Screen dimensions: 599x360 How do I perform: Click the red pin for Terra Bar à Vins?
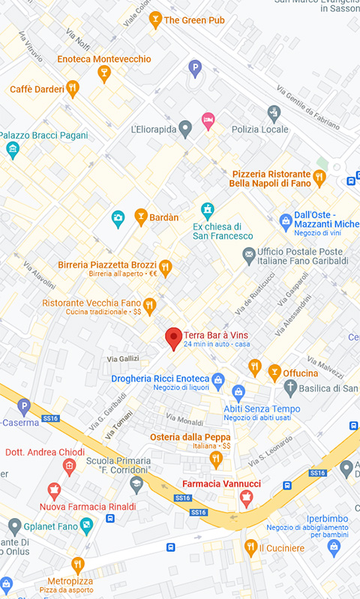pyautogui.click(x=173, y=338)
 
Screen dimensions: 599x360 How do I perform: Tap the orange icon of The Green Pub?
pyautogui.click(x=156, y=20)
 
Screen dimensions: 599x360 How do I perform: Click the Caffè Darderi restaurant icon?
pyautogui.click(x=72, y=89)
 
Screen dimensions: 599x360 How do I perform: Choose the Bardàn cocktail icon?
pyautogui.click(x=140, y=217)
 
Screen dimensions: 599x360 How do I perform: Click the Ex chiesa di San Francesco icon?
pyautogui.click(x=208, y=210)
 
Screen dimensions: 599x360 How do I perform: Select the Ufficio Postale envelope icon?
pyautogui.click(x=248, y=256)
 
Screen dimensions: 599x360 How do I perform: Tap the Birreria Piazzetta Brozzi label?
pyautogui.click(x=107, y=265)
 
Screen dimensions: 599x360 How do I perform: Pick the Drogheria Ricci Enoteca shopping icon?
pyautogui.click(x=218, y=379)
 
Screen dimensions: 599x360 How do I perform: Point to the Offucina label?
pyautogui.click(x=300, y=373)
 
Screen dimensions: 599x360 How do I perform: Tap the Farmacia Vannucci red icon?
pyautogui.click(x=246, y=499)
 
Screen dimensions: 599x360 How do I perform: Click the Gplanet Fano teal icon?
pyautogui.click(x=87, y=526)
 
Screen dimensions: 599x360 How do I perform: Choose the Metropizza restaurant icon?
pyautogui.click(x=77, y=565)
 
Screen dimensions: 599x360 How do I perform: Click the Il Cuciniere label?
pyautogui.click(x=282, y=548)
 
